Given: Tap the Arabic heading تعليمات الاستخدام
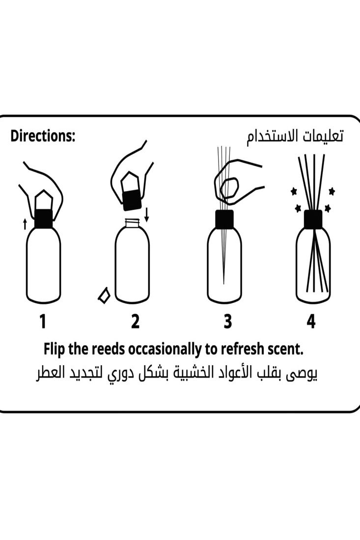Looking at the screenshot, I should click(x=295, y=136).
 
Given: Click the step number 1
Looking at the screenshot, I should click(x=43, y=322).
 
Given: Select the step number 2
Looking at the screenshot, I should click(x=135, y=322).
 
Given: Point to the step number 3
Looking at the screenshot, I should click(x=227, y=322).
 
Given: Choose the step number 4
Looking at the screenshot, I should click(x=311, y=322).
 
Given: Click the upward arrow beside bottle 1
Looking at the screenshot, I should click(x=25, y=224).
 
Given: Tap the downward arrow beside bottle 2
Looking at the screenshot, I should click(x=146, y=214).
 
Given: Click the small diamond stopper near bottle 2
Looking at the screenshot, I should click(x=104, y=296).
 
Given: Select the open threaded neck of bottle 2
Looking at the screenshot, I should click(x=132, y=223).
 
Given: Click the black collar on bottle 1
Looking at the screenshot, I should click(x=43, y=218).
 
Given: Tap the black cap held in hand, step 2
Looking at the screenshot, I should click(x=132, y=200).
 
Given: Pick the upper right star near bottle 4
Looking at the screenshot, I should click(x=332, y=191).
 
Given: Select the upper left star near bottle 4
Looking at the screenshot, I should click(x=294, y=191).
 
